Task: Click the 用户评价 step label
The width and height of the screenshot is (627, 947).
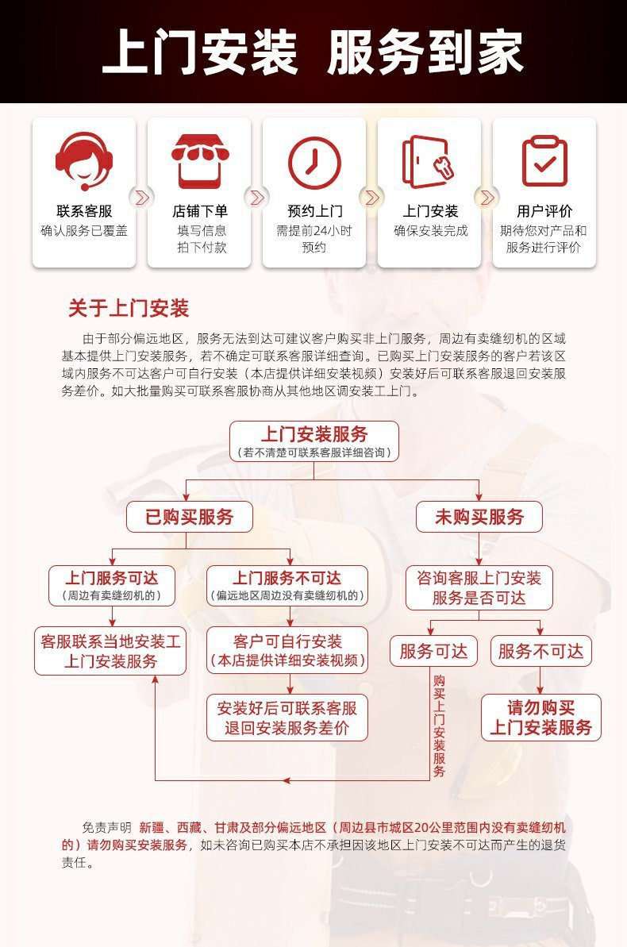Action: point(544,211)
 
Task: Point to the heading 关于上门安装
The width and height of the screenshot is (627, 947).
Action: point(129,309)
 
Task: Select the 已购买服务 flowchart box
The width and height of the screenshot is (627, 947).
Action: point(189,518)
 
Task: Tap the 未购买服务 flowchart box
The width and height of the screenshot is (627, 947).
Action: point(479,518)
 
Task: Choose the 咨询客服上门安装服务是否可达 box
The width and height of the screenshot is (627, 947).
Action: point(479,587)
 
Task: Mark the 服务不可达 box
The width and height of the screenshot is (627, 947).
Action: point(540,652)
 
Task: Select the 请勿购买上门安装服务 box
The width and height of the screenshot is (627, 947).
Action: point(540,718)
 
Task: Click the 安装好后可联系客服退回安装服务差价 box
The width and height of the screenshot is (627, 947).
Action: point(287,718)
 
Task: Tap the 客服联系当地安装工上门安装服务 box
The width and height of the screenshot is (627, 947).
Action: point(110,651)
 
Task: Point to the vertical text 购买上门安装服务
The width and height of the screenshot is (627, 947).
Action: point(439,726)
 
